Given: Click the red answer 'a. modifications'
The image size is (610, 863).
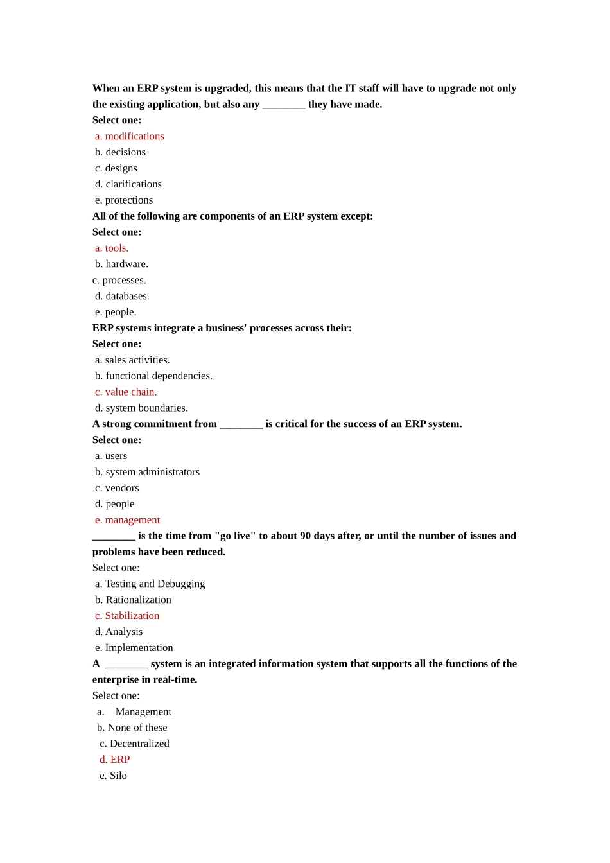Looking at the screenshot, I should [130, 136].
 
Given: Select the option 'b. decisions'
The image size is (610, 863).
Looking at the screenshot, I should [121, 152].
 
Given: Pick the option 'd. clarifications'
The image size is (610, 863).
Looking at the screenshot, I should [128, 184].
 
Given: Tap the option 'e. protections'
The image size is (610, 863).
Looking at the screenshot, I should [124, 200].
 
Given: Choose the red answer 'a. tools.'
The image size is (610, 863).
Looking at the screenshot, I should [112, 248].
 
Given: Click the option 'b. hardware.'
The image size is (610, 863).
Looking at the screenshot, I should [122, 264].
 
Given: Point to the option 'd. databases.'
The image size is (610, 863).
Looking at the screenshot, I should [122, 296].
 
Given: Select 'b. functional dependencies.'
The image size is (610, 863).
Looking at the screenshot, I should [154, 376].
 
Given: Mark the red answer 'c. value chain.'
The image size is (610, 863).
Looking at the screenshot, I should [126, 392].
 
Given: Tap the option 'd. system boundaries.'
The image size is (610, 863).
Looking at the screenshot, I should [141, 408].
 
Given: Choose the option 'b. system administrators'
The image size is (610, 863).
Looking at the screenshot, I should [148, 472].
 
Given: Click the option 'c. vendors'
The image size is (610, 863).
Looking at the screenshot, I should [117, 488].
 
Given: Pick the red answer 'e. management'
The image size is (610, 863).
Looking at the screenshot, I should [128, 520].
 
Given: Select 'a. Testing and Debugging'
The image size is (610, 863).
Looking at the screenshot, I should [150, 584].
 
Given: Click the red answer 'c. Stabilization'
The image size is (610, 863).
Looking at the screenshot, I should [127, 616].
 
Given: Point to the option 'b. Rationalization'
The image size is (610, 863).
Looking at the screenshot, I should [134, 600].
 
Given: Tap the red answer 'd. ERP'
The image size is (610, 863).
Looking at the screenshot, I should [115, 760].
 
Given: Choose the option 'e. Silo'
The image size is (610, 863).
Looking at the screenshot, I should [114, 776].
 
